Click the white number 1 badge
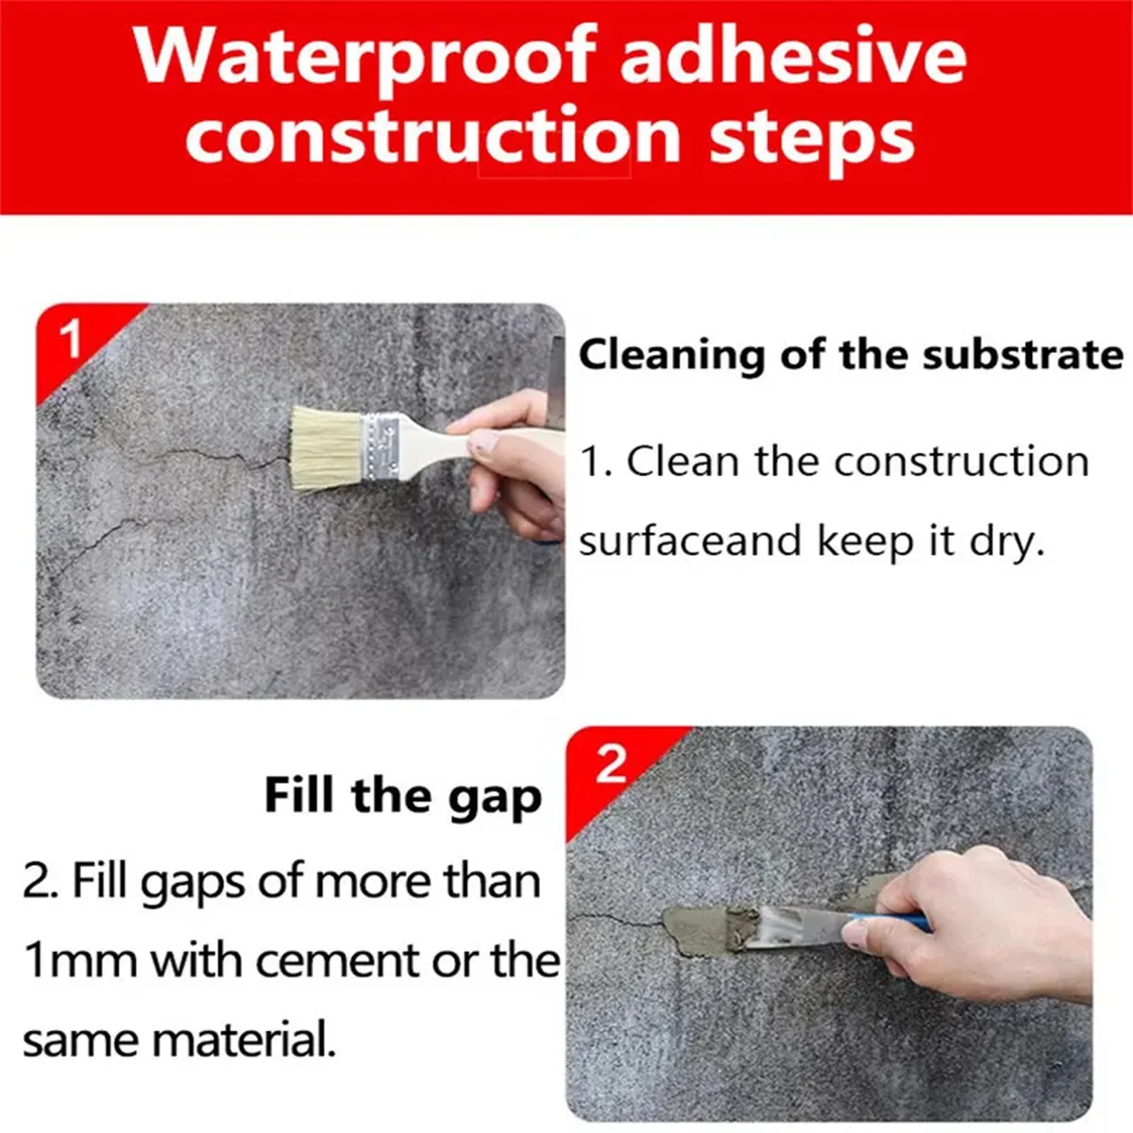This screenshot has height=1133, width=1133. point(73,339)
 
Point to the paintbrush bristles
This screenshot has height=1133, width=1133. point(327,448)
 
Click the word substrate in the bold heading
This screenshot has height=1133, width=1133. point(1023,356)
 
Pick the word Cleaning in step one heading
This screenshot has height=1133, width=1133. point(671,357)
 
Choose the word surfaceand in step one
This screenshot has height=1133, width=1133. point(690,542)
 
